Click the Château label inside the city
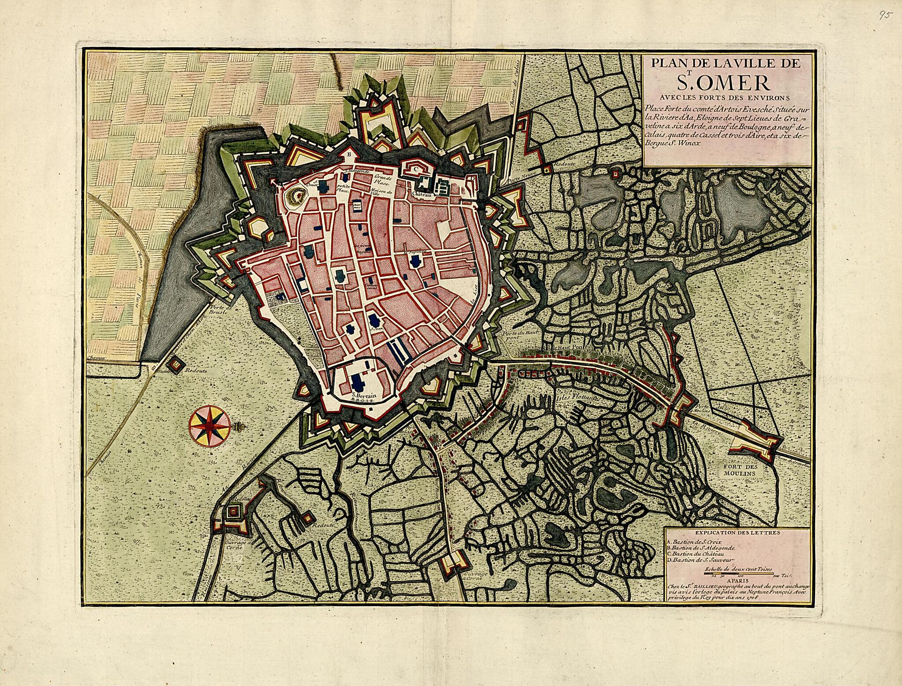point(422,193)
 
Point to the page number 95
point(885,15)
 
